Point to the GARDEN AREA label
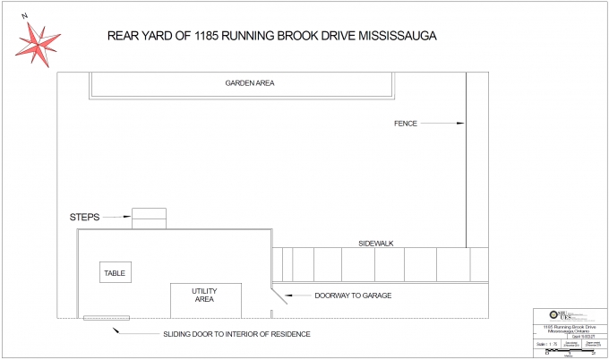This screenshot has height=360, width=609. tap(249, 83)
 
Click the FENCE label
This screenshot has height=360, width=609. tap(406, 123)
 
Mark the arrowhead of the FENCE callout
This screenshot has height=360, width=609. tap(462, 123)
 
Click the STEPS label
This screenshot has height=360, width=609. tap(84, 217)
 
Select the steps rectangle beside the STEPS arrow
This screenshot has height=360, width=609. tap(149, 218)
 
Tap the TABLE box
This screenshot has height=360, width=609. tap(114, 273)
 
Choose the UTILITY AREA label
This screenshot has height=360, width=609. tap(204, 296)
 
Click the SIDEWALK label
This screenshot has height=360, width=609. tap(376, 243)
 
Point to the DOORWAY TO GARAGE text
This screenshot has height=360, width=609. tap(353, 296)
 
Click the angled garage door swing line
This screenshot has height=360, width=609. tap(279, 295)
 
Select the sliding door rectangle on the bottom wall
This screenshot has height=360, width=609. tap(106, 318)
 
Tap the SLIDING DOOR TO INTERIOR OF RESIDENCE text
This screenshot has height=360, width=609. tap(236, 334)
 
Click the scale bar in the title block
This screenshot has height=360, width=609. tap(568, 353)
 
